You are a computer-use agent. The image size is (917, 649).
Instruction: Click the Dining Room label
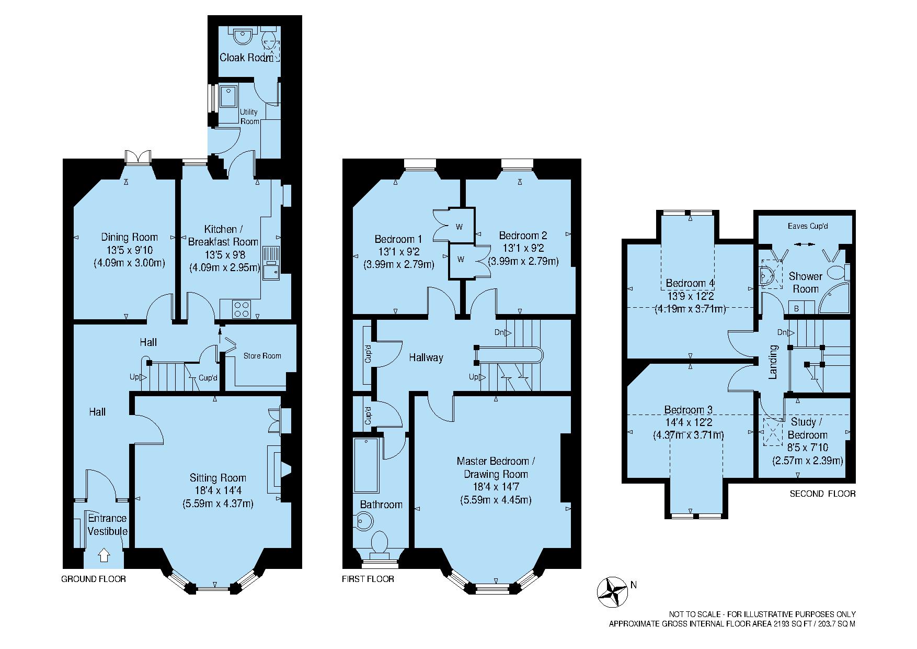click(129, 237)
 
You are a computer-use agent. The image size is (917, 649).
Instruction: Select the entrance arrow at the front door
click(104, 555)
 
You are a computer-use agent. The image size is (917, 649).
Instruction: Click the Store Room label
click(262, 356)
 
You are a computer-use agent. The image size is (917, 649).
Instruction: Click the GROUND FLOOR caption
click(94, 579)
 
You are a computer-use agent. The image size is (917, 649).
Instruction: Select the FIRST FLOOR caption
click(368, 579)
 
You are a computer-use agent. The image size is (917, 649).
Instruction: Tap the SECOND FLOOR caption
click(822, 494)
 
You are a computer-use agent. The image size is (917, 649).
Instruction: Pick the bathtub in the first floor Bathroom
click(366, 465)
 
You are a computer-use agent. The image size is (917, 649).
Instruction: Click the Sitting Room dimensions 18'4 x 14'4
click(218, 491)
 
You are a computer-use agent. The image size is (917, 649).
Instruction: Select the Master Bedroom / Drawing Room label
click(496, 468)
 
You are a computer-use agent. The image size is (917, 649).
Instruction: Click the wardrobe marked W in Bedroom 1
click(460, 227)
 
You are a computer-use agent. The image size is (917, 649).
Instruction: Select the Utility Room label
click(249, 117)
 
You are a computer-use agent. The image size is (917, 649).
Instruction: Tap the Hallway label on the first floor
click(426, 358)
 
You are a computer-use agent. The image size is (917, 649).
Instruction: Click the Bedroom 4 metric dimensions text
click(690, 309)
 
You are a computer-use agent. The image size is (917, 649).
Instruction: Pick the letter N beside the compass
click(634, 585)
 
